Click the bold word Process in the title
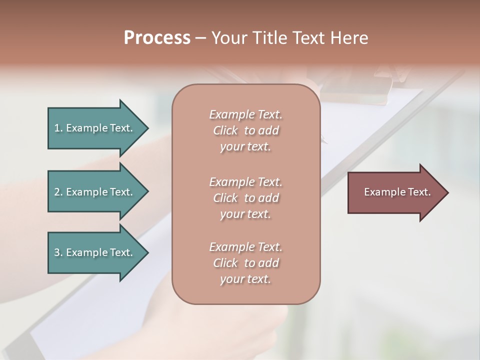157,38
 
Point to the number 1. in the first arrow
58,128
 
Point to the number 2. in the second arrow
58,192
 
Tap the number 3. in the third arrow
58,252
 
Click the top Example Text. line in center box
245,114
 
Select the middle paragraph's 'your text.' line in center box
245,214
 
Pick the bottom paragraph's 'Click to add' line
245,263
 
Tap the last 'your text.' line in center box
245,279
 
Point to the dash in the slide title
200,38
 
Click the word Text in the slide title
307,38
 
